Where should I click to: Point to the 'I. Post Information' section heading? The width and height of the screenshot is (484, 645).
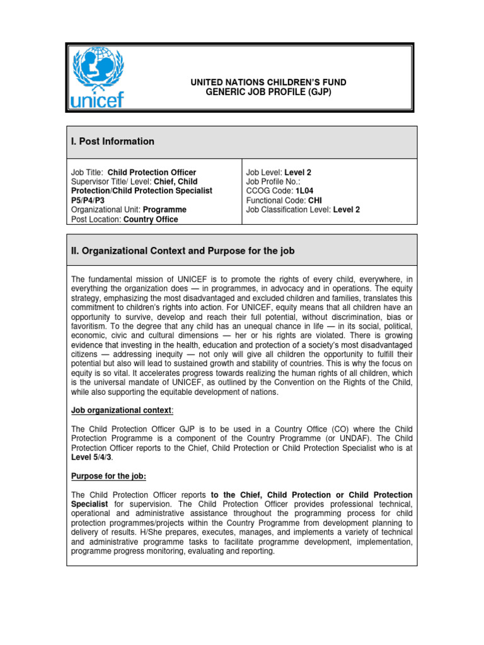point(112,142)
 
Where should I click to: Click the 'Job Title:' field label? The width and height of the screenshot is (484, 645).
point(88,172)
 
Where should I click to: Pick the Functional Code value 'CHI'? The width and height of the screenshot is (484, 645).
point(315,200)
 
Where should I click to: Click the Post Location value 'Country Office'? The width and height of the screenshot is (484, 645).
point(151,219)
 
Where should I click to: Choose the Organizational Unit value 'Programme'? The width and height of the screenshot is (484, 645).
point(164,210)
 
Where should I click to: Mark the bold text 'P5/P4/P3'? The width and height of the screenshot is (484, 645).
point(88,200)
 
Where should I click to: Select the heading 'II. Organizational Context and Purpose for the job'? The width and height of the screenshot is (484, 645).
point(182,251)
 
